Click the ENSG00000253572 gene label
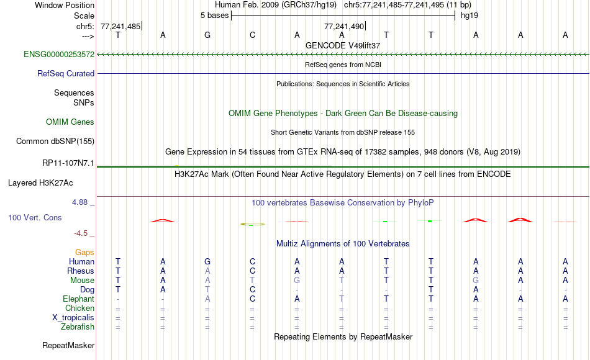(59, 54)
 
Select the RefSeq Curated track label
(66, 73)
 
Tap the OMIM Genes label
(70, 122)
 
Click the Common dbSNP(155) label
(55, 141)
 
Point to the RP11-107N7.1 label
(68, 163)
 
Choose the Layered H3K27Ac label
(40, 183)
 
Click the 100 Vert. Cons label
(35, 217)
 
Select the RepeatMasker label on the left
(68, 345)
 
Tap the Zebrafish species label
(78, 326)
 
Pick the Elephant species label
(79, 299)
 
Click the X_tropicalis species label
(73, 318)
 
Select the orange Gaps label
(84, 252)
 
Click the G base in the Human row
(207, 261)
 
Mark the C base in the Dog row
(253, 290)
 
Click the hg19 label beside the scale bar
(470, 16)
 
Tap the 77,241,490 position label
(344, 26)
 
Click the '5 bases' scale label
(214, 16)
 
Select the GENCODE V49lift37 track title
(343, 45)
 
